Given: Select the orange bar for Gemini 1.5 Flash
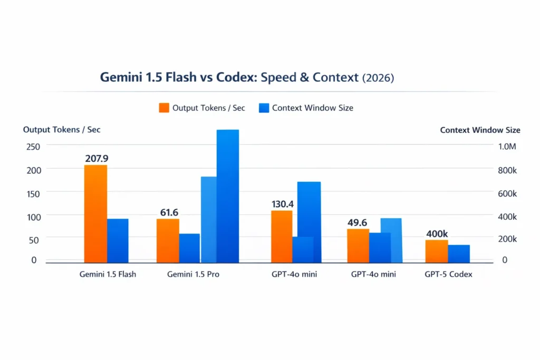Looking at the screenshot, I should (95, 213).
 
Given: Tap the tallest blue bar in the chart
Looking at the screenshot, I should (227, 196).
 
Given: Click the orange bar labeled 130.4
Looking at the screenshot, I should (282, 236).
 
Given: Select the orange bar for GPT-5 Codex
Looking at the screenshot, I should (436, 251).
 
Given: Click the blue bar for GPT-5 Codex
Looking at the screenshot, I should (459, 254).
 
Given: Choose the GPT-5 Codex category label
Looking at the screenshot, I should (448, 275).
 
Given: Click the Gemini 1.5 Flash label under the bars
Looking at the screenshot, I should (108, 275).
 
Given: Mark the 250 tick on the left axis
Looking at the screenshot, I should (31, 147).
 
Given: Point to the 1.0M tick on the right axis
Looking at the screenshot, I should (507, 147).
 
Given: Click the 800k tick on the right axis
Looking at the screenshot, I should (507, 170).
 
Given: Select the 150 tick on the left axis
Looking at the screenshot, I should (31, 193).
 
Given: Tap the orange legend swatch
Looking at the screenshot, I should (163, 108).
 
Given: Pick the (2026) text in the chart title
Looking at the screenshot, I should (378, 77).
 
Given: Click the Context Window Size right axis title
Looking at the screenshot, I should (480, 130).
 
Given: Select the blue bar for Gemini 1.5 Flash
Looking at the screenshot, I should (118, 240).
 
